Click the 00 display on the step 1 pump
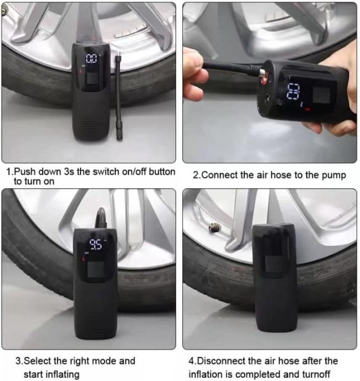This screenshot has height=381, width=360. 91,59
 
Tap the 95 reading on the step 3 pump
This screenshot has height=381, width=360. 96,245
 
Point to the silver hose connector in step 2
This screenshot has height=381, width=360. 262,73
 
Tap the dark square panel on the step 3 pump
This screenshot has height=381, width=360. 96,269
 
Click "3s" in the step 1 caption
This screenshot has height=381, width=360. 69,172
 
